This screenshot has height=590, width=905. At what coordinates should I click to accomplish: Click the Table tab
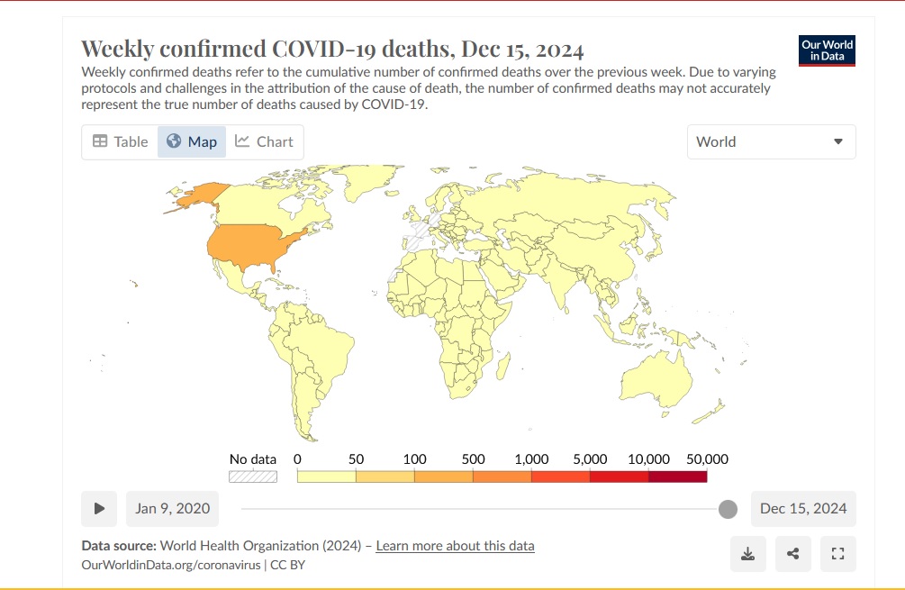(120, 141)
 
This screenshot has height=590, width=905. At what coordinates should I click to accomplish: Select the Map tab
(192, 141)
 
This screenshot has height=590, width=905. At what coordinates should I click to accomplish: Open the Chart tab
(265, 141)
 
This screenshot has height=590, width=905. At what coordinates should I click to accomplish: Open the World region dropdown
(771, 141)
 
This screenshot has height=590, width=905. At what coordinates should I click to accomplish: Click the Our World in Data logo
(827, 50)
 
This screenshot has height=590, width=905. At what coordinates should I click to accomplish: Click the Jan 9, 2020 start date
(172, 508)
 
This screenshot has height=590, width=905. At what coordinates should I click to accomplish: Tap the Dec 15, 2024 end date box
(803, 508)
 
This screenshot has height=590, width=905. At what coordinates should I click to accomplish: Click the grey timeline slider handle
(728, 509)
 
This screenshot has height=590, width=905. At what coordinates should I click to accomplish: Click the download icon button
(747, 554)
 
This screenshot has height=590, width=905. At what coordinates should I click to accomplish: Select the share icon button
(792, 554)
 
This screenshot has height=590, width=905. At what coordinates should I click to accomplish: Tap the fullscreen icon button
(837, 554)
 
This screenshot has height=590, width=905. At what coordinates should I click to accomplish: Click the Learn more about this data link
(455, 546)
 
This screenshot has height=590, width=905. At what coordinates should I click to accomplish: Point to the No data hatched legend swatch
(253, 477)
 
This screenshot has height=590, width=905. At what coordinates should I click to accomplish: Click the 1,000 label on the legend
(531, 459)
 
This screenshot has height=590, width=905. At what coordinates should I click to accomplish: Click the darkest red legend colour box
(677, 477)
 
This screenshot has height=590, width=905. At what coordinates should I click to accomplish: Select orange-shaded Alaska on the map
(200, 195)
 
